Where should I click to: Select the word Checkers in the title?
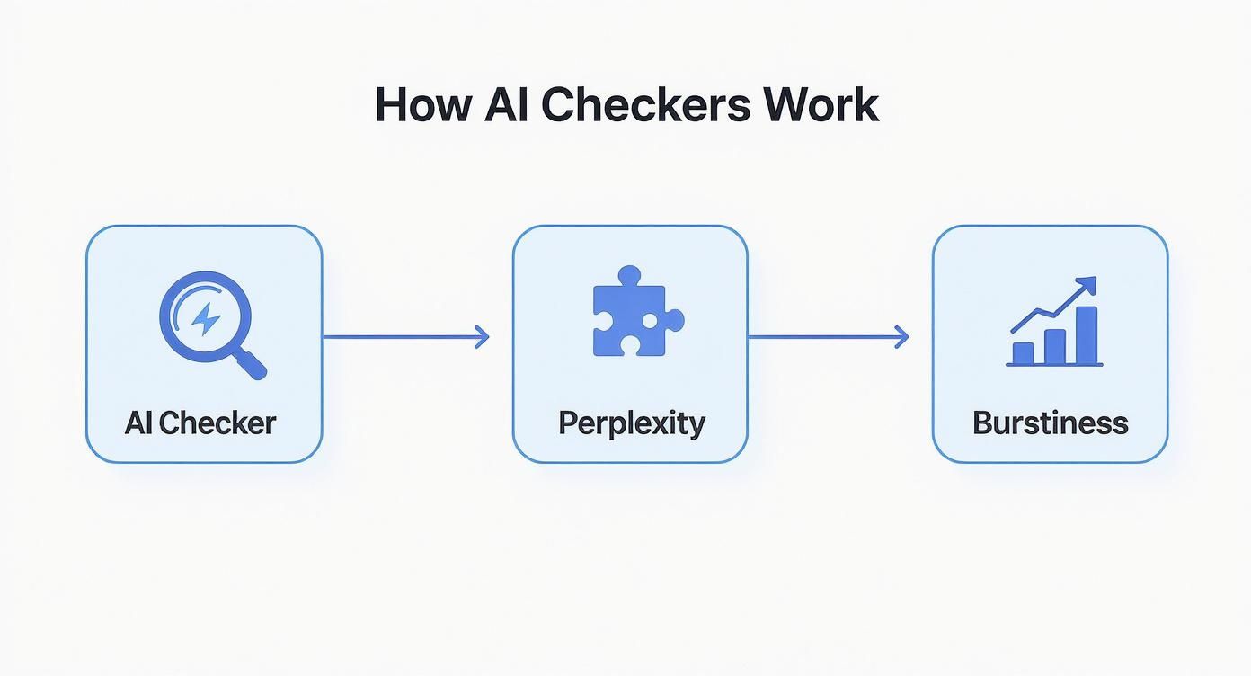pos(646,104)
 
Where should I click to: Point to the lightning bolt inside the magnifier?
pos(207,318)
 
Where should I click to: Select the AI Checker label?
pos(200,422)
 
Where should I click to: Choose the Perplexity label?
pos(631,422)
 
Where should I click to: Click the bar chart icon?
pos(1054,324)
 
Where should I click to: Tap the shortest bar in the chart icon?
pos(1023,352)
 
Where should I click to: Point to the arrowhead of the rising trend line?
pos(1089,284)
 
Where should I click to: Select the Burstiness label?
pos(1050,422)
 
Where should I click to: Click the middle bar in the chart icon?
pos(1054,346)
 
